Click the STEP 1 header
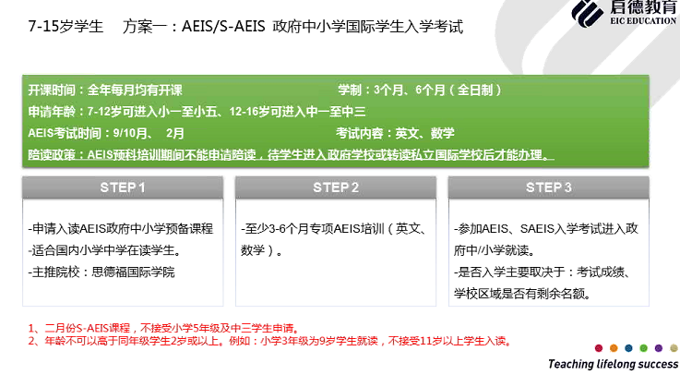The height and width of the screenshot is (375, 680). (123, 187)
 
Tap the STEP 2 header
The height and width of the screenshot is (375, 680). (336, 187)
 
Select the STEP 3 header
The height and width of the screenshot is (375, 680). (549, 187)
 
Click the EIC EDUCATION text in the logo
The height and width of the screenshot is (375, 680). (643, 20)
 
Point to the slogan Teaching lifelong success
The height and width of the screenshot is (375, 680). (614, 364)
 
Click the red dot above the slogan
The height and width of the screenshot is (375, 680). (599, 347)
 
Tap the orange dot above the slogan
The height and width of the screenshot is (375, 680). (614, 347)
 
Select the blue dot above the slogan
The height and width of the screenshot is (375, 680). (629, 347)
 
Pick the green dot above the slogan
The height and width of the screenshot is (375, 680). (644, 347)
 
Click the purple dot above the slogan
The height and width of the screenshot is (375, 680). (659, 347)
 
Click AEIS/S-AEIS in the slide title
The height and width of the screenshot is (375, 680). (223, 27)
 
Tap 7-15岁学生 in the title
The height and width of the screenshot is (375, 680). (66, 27)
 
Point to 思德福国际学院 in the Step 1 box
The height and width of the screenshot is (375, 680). (134, 272)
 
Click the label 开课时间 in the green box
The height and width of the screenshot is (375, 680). (52, 91)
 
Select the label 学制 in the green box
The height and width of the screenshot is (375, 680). (350, 91)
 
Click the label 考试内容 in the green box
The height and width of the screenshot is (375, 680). (360, 133)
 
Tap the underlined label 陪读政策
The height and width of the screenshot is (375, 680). (52, 155)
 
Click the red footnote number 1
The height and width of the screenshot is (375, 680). (31, 329)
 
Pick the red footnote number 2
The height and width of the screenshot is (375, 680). (31, 341)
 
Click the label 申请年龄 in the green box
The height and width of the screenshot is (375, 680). (52, 112)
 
